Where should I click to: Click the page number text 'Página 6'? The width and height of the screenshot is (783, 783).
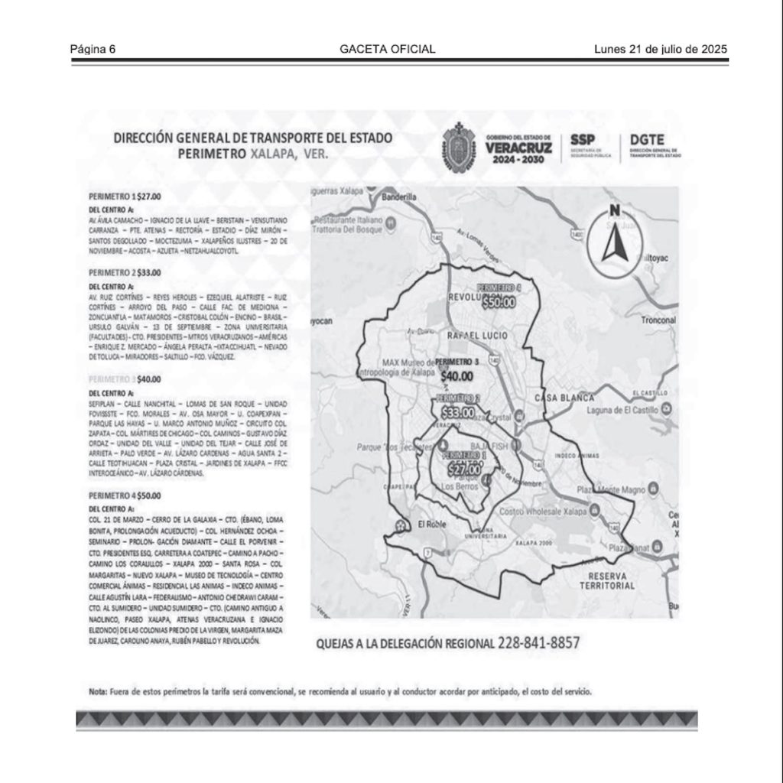click(x=93, y=49)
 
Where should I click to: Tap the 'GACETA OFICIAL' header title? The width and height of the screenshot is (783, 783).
click(x=388, y=49)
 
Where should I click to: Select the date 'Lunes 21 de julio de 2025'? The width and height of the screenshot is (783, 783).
click(x=660, y=49)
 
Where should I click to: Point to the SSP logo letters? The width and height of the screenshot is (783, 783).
click(x=583, y=141)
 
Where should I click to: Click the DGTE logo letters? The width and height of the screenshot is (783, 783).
click(x=646, y=141)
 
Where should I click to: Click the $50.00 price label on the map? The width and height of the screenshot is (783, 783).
click(x=499, y=302)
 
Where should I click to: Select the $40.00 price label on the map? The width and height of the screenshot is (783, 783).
click(x=456, y=375)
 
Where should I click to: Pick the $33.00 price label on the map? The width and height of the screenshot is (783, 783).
click(x=457, y=414)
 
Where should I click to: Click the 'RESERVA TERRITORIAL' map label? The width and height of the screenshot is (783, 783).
click(x=607, y=580)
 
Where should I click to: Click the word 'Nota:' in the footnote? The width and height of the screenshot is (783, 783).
click(x=97, y=691)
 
